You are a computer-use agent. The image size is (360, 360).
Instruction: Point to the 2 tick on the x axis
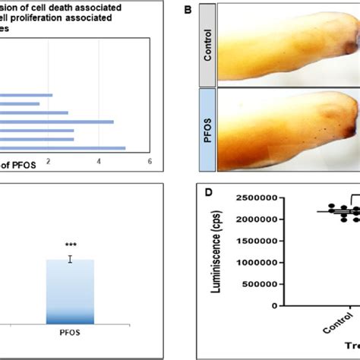coord(49,160)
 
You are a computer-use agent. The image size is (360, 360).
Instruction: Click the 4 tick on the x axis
coord(99,160)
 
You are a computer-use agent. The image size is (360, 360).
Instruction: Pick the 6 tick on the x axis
coord(150,160)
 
